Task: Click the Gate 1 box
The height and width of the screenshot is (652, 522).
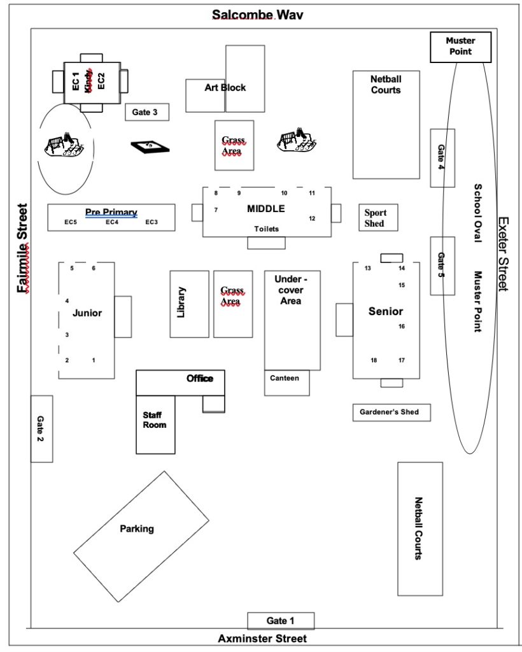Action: click(281, 621)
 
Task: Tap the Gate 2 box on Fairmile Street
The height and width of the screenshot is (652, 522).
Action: click(41, 429)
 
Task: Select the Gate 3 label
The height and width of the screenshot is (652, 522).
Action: click(147, 113)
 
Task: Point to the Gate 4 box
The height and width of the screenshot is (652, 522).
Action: click(442, 157)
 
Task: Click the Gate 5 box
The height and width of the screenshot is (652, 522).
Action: click(442, 266)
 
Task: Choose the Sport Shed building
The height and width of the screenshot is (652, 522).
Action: click(379, 218)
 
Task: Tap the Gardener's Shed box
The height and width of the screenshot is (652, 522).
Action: click(391, 413)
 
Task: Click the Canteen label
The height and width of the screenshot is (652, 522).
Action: click(285, 378)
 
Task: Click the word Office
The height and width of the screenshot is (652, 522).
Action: click(200, 379)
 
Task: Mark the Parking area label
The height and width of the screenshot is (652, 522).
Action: click(137, 528)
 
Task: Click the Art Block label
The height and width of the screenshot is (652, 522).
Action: click(225, 88)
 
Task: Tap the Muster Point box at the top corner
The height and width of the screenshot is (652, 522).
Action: click(460, 46)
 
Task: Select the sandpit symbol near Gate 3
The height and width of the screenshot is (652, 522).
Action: click(151, 146)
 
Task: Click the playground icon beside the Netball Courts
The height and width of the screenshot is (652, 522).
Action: click(296, 142)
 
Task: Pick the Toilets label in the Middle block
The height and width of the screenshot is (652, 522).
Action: click(266, 229)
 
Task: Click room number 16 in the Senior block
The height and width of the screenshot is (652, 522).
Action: click(402, 327)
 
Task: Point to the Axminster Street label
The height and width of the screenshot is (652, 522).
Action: click(262, 639)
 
